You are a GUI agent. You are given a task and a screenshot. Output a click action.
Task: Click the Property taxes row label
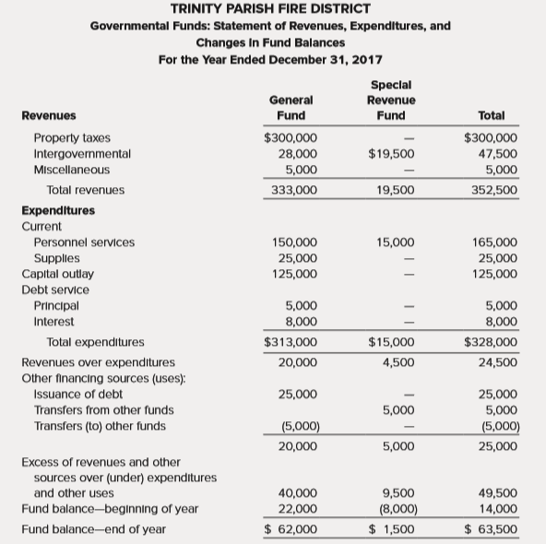tap(72, 138)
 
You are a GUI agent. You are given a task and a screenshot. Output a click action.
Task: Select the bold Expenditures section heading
tap(58, 210)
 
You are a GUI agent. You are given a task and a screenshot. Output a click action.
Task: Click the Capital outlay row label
tap(57, 274)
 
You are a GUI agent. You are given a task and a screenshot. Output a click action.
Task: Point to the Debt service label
tap(53, 290)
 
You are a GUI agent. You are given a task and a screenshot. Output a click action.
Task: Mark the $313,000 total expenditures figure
tap(291, 342)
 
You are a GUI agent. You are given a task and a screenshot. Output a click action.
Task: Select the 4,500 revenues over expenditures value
tap(398, 362)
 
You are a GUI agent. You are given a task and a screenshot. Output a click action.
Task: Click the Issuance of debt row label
tap(78, 394)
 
